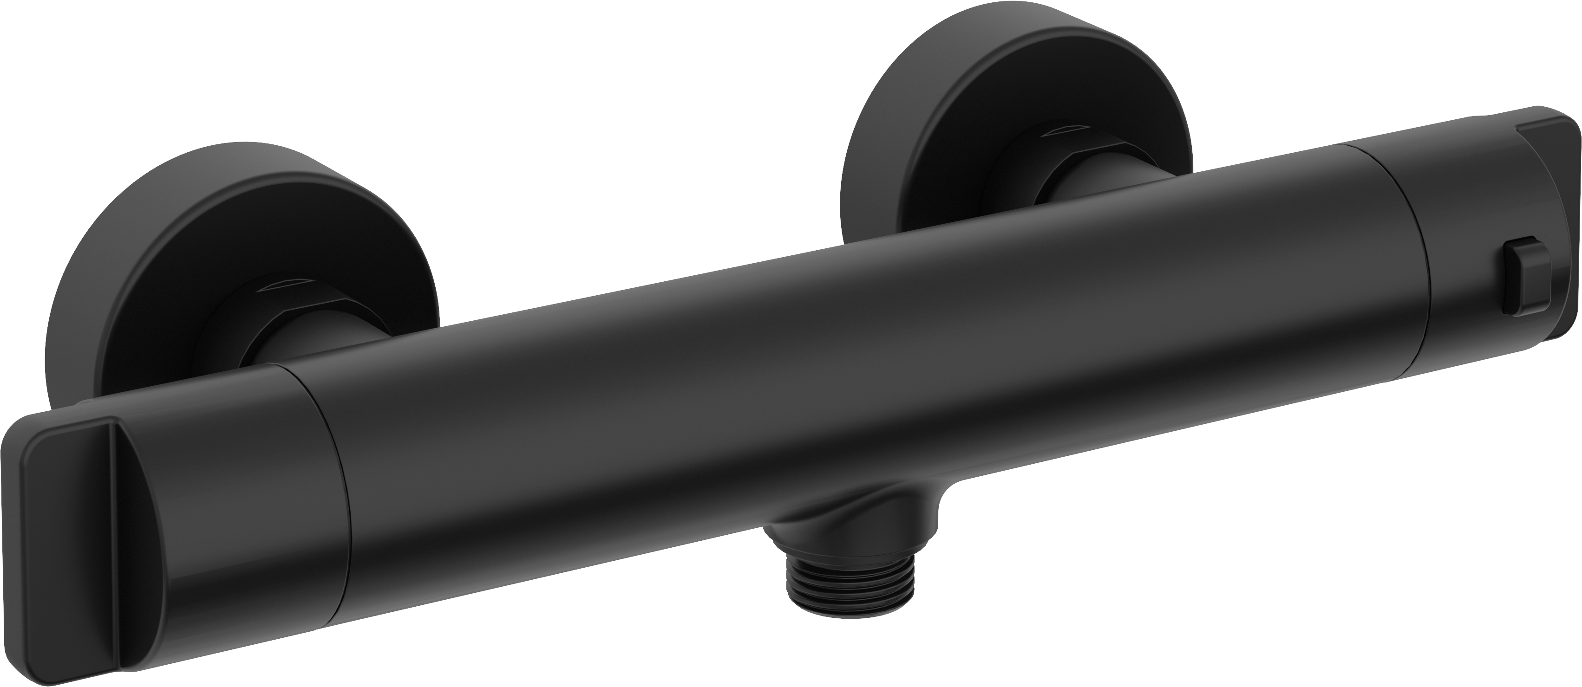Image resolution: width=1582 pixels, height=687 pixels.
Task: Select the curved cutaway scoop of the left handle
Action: point(160,522)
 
